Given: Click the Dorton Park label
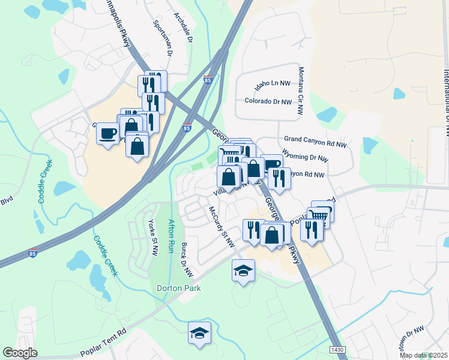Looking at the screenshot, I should point(178,288).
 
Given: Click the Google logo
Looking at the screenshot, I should point(20,353).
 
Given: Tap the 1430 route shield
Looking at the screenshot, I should point(338,349).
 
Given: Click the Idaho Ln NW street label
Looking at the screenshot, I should point(272,86).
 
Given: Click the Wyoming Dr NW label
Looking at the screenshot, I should point(304,159).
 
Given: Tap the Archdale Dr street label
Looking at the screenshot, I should point(182,28).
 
